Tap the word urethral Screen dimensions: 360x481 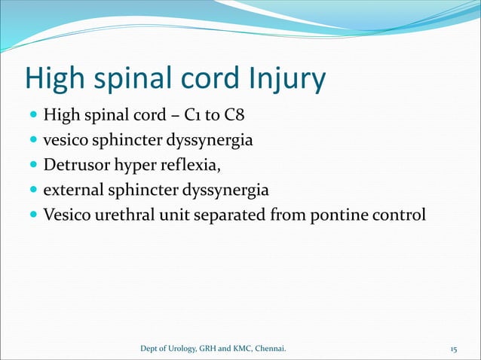tap(122, 215)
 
